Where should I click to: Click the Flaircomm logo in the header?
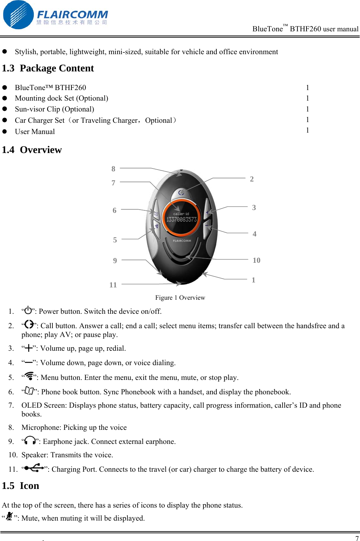[x=55, y=15]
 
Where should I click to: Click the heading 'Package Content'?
[x=57, y=68]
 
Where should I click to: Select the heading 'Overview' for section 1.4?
[x=41, y=150]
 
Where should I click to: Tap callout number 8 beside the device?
[x=113, y=169]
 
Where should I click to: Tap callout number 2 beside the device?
[x=252, y=179]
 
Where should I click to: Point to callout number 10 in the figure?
[x=257, y=260]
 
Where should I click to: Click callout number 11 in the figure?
[x=113, y=285]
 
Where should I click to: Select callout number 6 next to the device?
[x=114, y=210]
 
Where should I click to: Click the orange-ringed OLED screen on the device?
[x=182, y=218]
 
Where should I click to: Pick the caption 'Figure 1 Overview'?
[x=180, y=298]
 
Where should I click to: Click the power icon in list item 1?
[x=28, y=310]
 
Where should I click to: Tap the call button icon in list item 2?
[x=29, y=324]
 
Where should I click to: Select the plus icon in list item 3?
[x=28, y=348]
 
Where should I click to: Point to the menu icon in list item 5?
[x=29, y=376]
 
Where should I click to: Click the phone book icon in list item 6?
[x=29, y=391]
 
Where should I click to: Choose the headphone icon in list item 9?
[x=30, y=440]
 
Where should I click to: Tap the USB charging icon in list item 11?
[x=34, y=468]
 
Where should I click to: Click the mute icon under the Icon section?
[x=9, y=516]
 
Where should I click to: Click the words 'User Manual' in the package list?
[x=35, y=132]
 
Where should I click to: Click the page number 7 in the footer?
[x=357, y=538]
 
